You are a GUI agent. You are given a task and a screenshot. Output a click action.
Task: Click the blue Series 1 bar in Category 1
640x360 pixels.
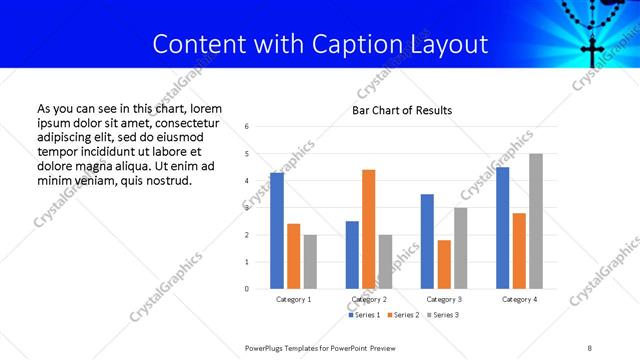pyautogui.click(x=277, y=231)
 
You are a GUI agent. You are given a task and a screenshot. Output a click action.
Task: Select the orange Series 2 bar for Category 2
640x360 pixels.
pyautogui.click(x=368, y=229)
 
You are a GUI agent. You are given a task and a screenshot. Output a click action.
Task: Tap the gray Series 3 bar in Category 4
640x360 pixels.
pyautogui.click(x=535, y=221)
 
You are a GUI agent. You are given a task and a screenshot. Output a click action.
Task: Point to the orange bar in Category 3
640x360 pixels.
pyautogui.click(x=443, y=264)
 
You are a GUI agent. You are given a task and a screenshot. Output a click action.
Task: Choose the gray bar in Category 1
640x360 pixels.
pyautogui.click(x=310, y=262)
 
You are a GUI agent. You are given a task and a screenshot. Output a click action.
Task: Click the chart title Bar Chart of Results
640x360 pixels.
pyautogui.click(x=402, y=110)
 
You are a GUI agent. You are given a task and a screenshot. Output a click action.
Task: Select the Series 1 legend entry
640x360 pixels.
pyautogui.click(x=362, y=315)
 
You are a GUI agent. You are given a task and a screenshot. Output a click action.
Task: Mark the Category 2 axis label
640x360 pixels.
pyautogui.click(x=369, y=299)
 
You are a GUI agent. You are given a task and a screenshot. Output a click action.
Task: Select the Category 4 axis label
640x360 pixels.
pyautogui.click(x=519, y=299)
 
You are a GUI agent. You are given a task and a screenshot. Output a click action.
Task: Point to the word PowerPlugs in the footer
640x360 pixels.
pyautogui.click(x=268, y=347)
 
